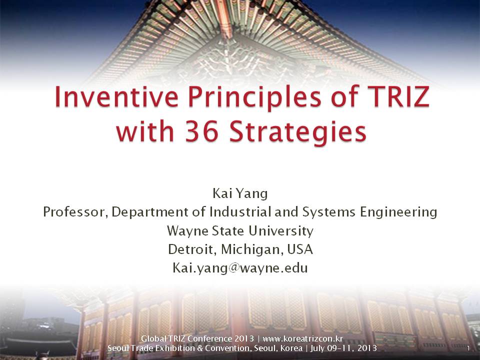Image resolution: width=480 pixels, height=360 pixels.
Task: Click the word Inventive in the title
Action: (x=116, y=96)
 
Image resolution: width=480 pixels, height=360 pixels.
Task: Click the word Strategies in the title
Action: (x=297, y=133)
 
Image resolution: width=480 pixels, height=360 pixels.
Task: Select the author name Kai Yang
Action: (x=240, y=193)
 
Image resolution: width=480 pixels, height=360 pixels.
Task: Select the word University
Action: (x=280, y=231)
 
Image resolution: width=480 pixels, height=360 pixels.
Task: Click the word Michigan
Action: (x=250, y=250)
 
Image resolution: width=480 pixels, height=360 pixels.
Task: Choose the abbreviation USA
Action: (x=300, y=249)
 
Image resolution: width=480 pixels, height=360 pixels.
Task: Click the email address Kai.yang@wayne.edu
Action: (x=240, y=268)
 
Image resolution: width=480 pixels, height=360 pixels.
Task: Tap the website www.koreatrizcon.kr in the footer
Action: (x=303, y=339)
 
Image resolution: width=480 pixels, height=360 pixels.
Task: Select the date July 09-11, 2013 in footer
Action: (x=343, y=348)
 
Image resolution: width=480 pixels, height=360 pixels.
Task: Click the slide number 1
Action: (x=468, y=348)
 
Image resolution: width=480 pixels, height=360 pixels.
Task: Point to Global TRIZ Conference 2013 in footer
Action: (x=197, y=338)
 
